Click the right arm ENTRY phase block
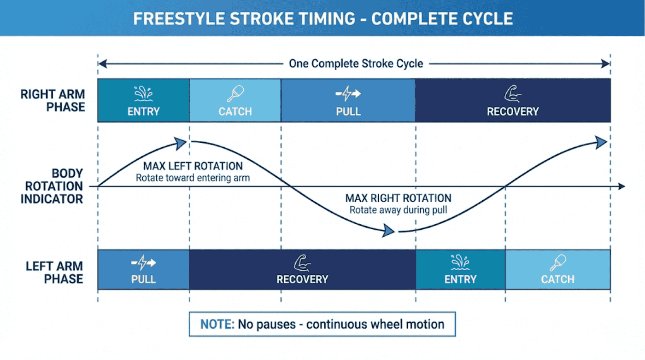pyautogui.click(x=143, y=100)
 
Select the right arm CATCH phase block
pyautogui.click(x=235, y=100)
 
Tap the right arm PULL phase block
pyautogui.click(x=348, y=100)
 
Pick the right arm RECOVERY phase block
pyautogui.click(x=512, y=100)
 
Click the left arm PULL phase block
pyautogui.click(x=143, y=269)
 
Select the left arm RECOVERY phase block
pyautogui.click(x=302, y=269)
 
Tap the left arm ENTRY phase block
pyautogui.click(x=460, y=269)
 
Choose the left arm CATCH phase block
pyautogui.click(x=557, y=269)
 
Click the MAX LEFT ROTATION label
pyautogui.click(x=193, y=166)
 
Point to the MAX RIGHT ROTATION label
pyautogui.click(x=398, y=198)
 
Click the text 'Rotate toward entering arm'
pyautogui.click(x=193, y=178)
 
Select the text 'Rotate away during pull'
pyautogui.click(x=398, y=210)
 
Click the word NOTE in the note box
pyautogui.click(x=217, y=324)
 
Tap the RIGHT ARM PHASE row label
pyautogui.click(x=53, y=100)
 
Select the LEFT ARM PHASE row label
pyautogui.click(x=54, y=272)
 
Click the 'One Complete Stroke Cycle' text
pyautogui.click(x=356, y=64)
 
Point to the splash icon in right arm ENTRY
pyautogui.click(x=143, y=93)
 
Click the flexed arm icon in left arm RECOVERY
pyautogui.click(x=302, y=263)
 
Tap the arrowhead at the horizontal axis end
pyautogui.click(x=622, y=186)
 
